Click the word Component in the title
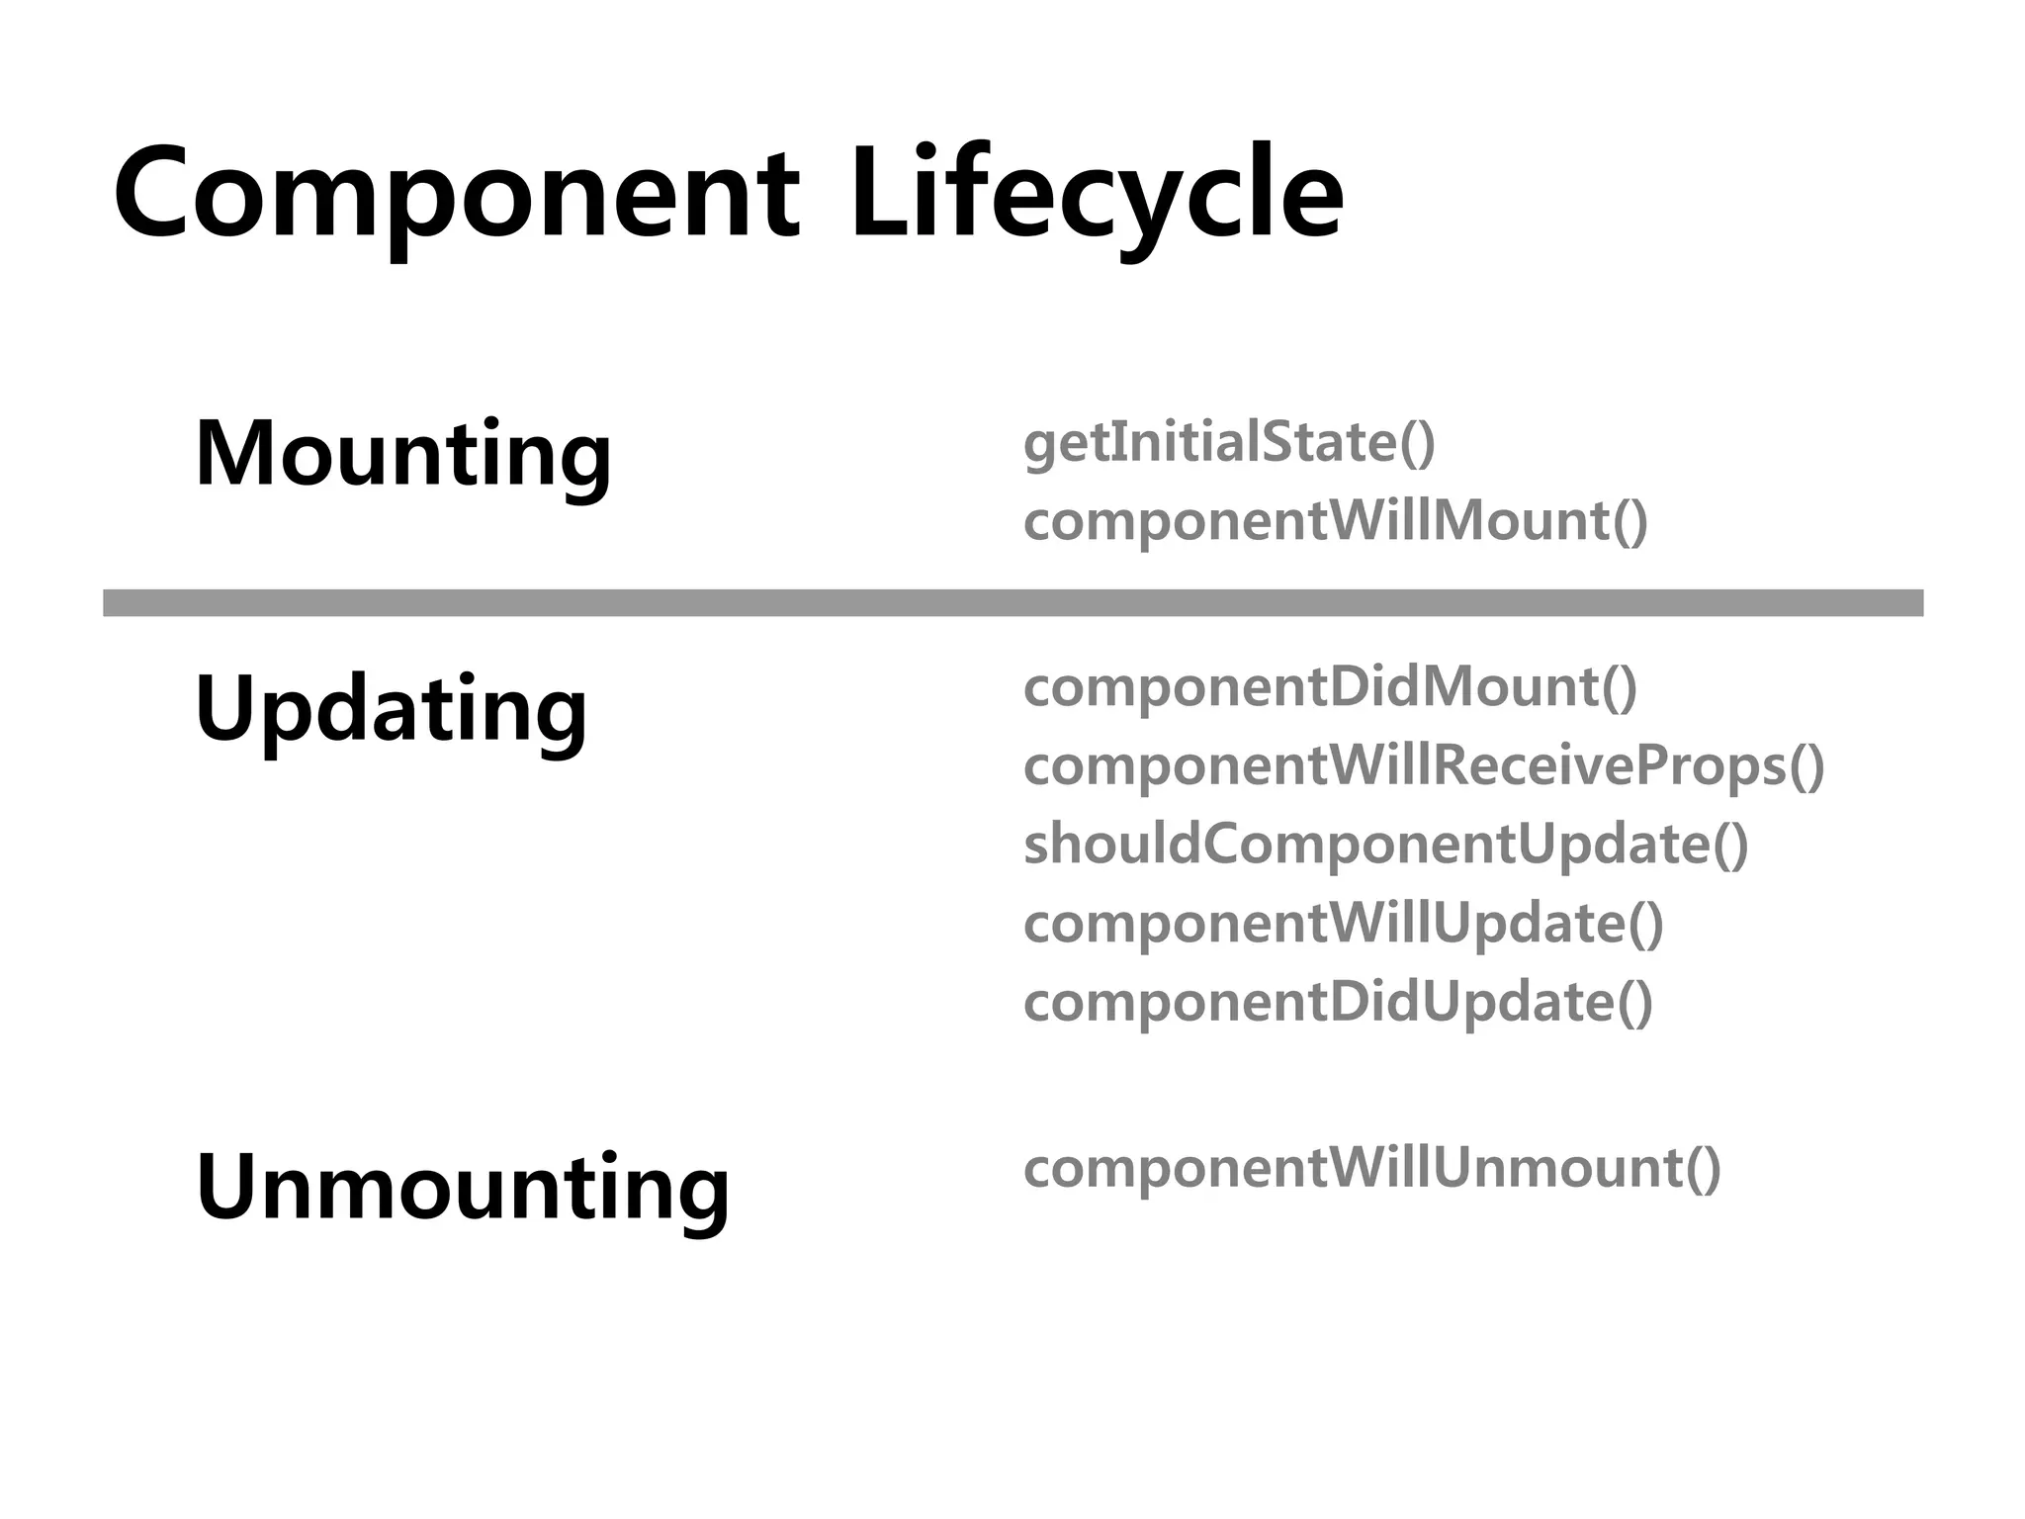(x=456, y=192)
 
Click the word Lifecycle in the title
(x=1097, y=192)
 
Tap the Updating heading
(x=392, y=709)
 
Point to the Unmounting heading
(x=463, y=1187)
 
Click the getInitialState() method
(x=1229, y=442)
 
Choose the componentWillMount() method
(x=1335, y=521)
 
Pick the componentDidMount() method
(x=1330, y=687)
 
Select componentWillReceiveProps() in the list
(x=1424, y=766)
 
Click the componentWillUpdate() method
(x=1344, y=924)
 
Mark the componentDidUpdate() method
(x=1338, y=1003)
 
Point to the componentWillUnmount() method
(x=1372, y=1168)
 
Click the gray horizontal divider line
(x=1012, y=602)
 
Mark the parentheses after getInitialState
(x=1417, y=443)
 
